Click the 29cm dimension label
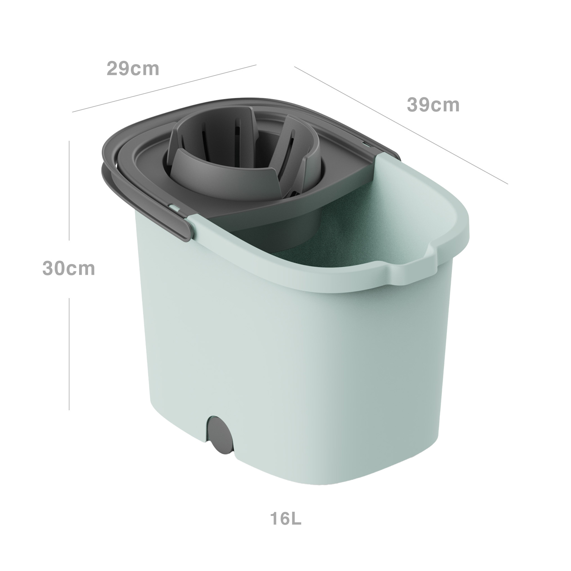click(x=133, y=69)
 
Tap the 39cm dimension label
click(x=433, y=105)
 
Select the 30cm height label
click(x=68, y=268)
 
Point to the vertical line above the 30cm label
click(x=69, y=190)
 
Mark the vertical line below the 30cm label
click(x=69, y=354)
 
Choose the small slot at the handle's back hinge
click(x=366, y=144)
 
